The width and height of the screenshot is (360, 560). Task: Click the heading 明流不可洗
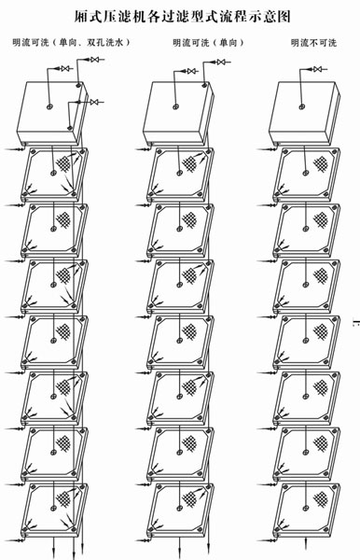pyautogui.click(x=313, y=43)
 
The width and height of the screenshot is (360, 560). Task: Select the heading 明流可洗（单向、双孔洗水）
pyautogui.click(x=72, y=43)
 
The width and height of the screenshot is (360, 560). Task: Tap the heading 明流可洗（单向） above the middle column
pyautogui.click(x=209, y=43)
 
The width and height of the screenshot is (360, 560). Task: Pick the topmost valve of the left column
pyautogui.click(x=94, y=60)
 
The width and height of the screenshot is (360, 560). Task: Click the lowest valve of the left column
pyautogui.click(x=94, y=102)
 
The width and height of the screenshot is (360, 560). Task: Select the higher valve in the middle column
pyautogui.click(x=222, y=63)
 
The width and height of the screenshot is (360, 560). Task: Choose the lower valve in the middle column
pyautogui.click(x=193, y=71)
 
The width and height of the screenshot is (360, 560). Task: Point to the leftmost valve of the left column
pyautogui.click(x=65, y=68)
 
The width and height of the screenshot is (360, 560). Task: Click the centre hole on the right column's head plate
pyautogui.click(x=302, y=106)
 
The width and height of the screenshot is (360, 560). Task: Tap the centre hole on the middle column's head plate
pyautogui.click(x=176, y=106)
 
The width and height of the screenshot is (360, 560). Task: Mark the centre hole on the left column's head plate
pyautogui.click(x=50, y=106)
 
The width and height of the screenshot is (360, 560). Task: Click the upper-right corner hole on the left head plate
pyautogui.click(x=78, y=85)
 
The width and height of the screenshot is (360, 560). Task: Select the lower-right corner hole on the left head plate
pyautogui.click(x=70, y=128)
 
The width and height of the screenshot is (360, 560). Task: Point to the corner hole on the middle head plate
pyautogui.click(x=204, y=85)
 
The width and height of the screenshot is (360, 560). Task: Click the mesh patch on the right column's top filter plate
pyautogui.click(x=320, y=163)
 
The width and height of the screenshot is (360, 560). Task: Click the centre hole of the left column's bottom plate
pyautogui.click(x=53, y=508)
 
